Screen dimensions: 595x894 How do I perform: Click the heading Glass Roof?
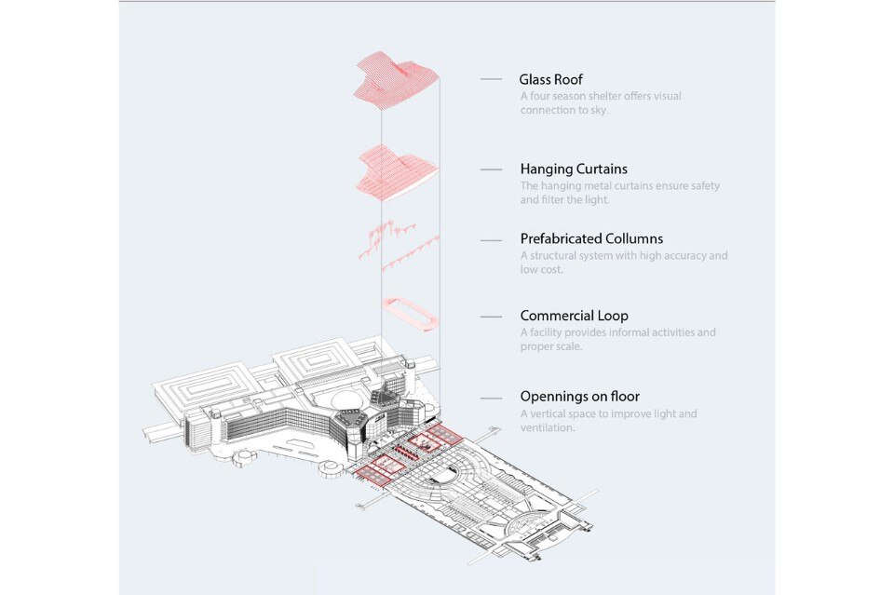[550, 80]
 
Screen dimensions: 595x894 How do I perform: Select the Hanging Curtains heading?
[574, 169]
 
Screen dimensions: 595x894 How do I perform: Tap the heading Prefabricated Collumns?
[591, 239]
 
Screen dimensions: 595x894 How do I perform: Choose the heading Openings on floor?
[579, 397]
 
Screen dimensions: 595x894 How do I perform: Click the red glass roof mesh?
[395, 80]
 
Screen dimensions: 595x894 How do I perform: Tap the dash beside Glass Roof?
[492, 81]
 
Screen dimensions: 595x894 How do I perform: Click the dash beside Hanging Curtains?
[492, 170]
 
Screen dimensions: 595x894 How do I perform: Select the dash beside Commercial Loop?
[492, 317]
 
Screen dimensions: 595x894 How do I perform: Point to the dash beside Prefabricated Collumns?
[492, 240]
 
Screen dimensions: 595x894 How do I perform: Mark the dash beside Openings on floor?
[492, 398]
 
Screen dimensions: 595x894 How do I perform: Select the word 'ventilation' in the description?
[548, 428]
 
